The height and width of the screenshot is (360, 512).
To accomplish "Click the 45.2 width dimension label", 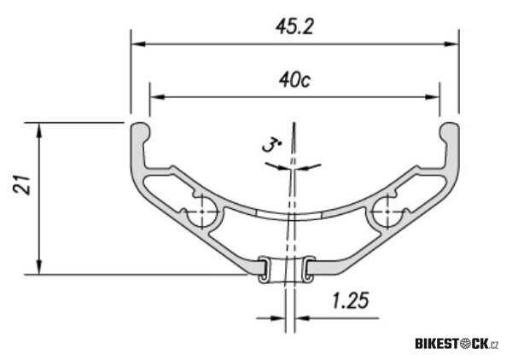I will click(x=293, y=26).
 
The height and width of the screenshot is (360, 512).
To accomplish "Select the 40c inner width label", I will click(x=292, y=80).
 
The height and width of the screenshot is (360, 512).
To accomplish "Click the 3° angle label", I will click(x=271, y=147).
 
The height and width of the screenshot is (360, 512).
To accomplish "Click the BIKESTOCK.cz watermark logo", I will click(x=457, y=344).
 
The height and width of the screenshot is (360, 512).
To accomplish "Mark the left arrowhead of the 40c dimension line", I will click(x=154, y=96).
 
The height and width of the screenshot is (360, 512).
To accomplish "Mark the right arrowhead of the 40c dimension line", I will click(x=434, y=96).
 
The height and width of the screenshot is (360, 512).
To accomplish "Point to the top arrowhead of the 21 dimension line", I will click(x=38, y=129).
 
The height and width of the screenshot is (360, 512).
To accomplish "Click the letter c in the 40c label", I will click(x=305, y=81).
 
